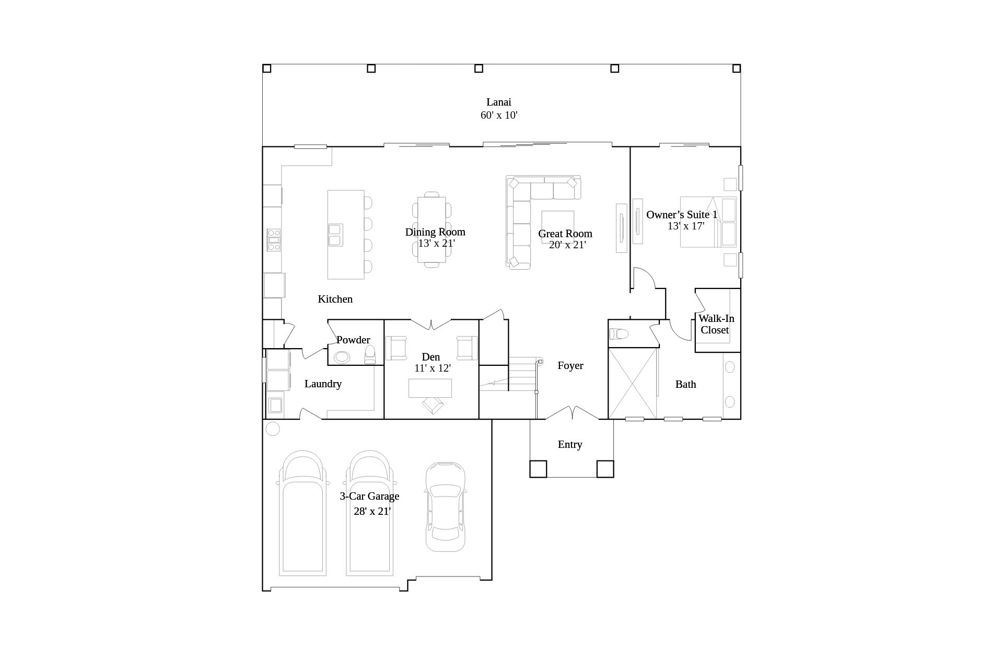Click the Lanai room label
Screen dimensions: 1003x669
click(498, 102)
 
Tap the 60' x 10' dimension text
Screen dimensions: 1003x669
click(499, 115)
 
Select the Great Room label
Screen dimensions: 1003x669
click(565, 233)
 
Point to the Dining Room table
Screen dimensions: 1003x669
click(431, 229)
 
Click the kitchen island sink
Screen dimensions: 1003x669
click(335, 235)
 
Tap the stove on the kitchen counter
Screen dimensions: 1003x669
click(274, 240)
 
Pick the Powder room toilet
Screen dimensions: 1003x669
click(370, 354)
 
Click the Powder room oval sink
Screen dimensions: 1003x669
click(342, 357)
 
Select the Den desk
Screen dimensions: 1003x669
click(430, 388)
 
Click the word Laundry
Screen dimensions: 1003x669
click(323, 384)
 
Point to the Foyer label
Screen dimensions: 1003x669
click(570, 365)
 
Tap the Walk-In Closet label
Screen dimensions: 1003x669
click(716, 324)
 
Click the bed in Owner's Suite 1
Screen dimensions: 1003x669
click(708, 222)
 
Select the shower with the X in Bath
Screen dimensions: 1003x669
click(633, 383)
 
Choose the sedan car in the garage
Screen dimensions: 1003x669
click(445, 506)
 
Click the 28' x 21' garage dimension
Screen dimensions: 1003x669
click(372, 511)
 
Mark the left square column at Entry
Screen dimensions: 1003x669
click(538, 469)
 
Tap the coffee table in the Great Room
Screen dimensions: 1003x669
click(557, 227)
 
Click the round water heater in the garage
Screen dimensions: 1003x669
click(273, 429)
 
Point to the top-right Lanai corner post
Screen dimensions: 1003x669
click(737, 68)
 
